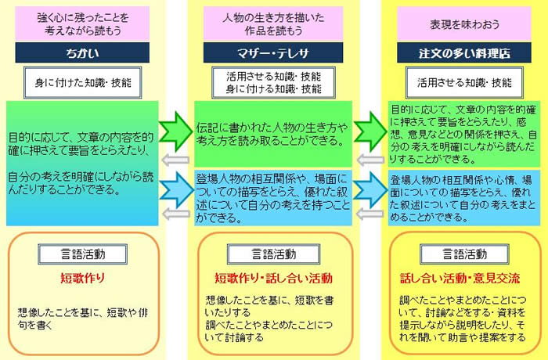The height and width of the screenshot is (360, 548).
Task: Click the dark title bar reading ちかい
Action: tap(82, 52)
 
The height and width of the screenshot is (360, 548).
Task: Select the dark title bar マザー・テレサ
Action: tap(273, 52)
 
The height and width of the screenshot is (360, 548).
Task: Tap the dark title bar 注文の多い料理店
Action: tap(464, 52)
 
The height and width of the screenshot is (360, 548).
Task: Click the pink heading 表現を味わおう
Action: tap(464, 24)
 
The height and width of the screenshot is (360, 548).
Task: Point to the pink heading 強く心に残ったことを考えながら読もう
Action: tap(82, 24)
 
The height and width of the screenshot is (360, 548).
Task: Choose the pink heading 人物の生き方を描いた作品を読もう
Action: tap(273, 24)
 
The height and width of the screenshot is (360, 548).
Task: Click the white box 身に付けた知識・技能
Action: tap(83, 83)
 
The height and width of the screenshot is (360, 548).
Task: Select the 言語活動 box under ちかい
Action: tap(82, 254)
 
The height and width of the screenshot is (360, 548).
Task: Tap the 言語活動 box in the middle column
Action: tap(274, 254)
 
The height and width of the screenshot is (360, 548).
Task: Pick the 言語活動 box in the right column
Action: tap(464, 254)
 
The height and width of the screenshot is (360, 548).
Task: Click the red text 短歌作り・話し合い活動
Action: tap(273, 278)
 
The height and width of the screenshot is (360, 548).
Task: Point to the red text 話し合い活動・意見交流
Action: tap(460, 278)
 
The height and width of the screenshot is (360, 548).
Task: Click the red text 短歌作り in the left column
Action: tap(82, 278)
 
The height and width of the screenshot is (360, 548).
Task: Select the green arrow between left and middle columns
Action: tap(175, 131)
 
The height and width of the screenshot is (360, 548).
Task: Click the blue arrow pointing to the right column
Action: tap(370, 190)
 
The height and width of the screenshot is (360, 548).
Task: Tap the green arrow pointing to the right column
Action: tap(370, 131)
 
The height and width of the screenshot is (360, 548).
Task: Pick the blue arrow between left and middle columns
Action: tap(176, 190)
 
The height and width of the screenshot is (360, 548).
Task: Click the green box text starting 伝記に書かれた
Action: tap(272, 134)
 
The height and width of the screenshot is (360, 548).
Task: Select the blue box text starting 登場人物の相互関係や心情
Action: tap(463, 199)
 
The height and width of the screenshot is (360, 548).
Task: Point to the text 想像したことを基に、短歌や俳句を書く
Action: tap(83, 319)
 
